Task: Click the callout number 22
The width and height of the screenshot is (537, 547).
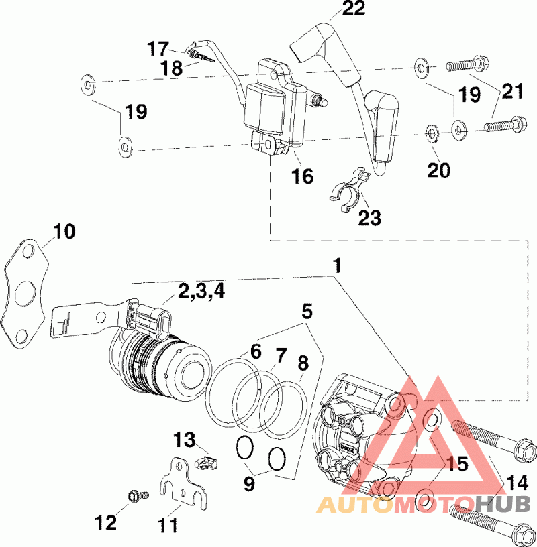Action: point(354,8)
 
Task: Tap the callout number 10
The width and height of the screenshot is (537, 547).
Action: point(64,231)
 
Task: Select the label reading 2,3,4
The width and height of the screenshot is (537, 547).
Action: point(201,292)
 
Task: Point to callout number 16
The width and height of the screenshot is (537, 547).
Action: point(303,176)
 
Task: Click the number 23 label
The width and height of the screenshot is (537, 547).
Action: point(370,218)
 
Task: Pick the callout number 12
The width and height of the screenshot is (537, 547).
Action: point(106,522)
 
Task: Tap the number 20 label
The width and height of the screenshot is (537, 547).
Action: point(439,170)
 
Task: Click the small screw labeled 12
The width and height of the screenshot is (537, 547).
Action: point(139,496)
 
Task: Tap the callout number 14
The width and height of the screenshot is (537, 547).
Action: point(517,483)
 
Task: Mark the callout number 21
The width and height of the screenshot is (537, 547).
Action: point(513,91)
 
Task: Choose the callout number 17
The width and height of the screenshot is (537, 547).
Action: point(158,48)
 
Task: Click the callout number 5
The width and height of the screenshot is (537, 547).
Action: point(307,311)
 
